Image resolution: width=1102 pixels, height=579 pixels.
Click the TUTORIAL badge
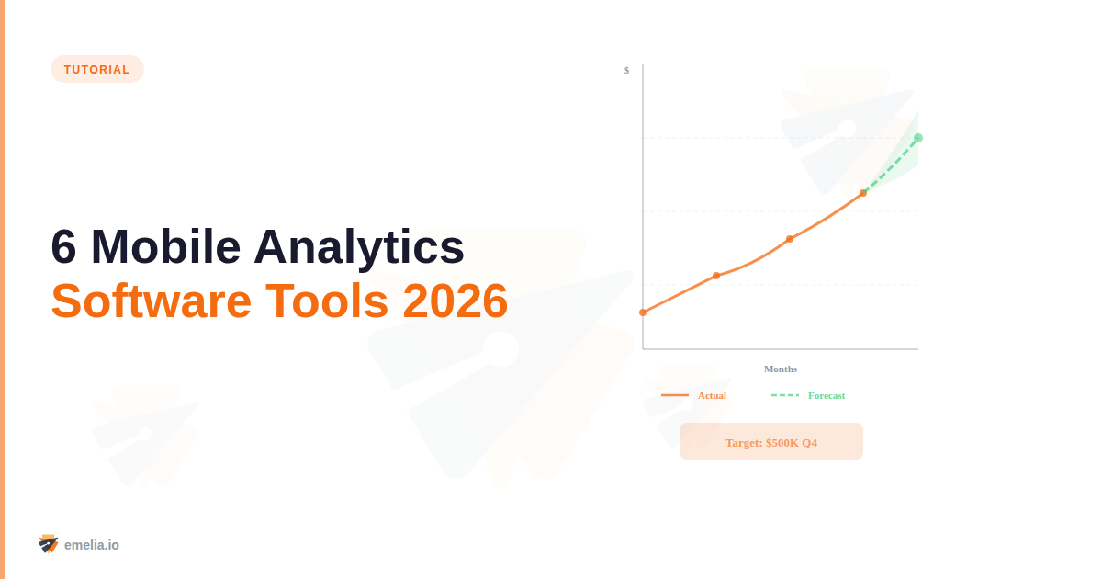(96, 69)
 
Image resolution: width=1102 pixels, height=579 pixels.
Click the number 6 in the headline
(63, 247)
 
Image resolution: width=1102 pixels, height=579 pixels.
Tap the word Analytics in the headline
(359, 247)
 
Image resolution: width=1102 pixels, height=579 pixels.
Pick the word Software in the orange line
(152, 301)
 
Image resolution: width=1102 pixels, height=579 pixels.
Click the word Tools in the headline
(327, 301)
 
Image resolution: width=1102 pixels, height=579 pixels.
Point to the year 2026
(455, 301)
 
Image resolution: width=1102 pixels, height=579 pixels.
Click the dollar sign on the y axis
(626, 70)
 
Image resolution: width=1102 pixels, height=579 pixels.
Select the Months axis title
(781, 369)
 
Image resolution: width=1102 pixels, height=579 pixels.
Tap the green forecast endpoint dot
(918, 138)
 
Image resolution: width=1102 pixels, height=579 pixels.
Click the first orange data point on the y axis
(643, 312)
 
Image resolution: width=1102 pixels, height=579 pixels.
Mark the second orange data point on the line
(716, 276)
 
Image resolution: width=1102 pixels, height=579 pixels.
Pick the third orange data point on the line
(790, 239)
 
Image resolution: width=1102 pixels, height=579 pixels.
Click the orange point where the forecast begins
(863, 193)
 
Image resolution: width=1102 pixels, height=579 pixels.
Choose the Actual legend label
(712, 395)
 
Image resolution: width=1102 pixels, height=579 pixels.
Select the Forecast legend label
(826, 395)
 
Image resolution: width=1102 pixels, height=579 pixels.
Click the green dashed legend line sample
(785, 395)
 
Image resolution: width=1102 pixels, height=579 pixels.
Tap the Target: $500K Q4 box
(771, 442)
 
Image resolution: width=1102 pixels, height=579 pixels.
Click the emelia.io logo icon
(49, 544)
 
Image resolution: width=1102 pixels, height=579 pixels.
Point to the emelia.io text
(92, 545)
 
